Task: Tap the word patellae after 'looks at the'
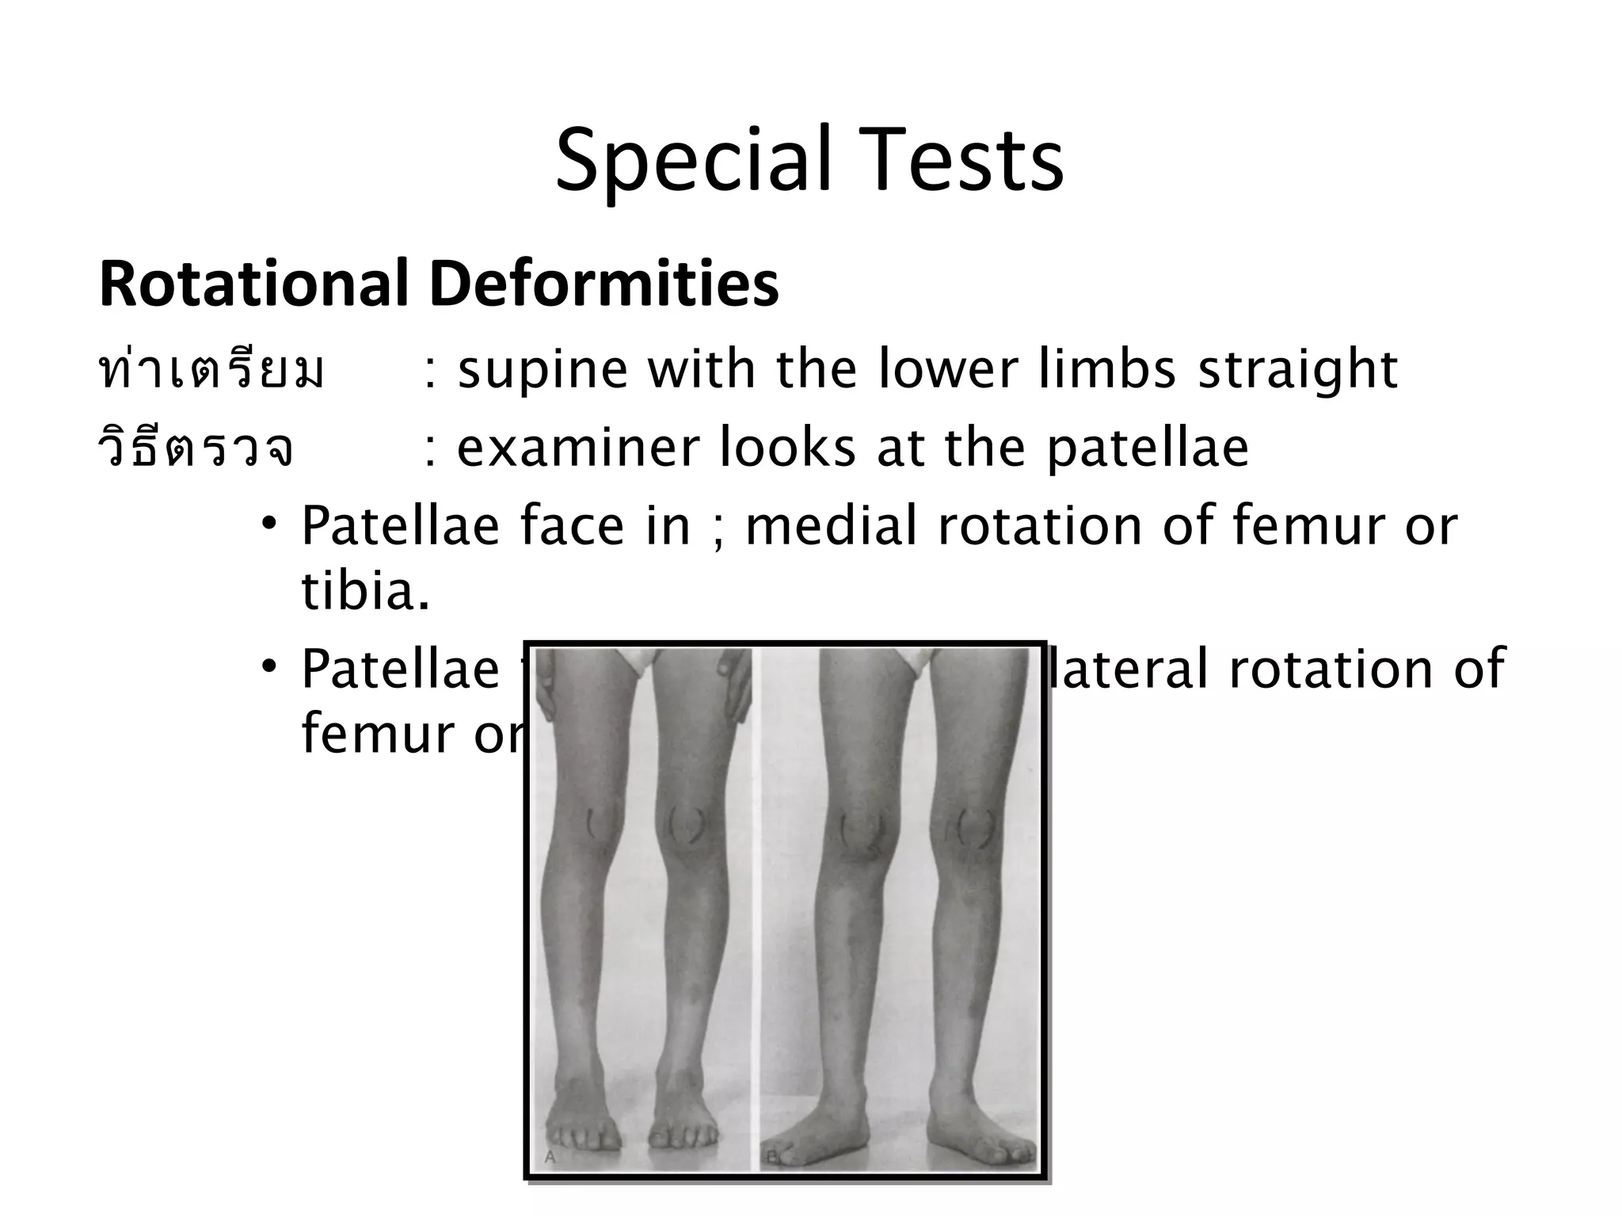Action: pos(1148,448)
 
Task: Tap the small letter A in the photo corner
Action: pos(550,1158)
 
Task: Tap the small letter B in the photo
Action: pos(771,1158)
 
